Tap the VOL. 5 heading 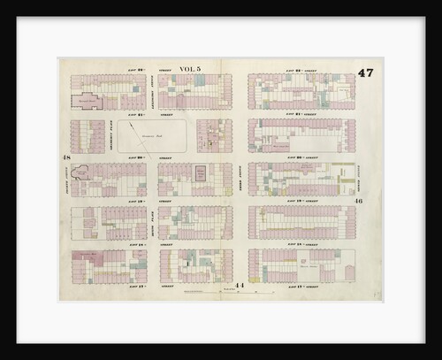(190, 69)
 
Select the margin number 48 (65, 157)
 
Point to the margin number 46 (360, 201)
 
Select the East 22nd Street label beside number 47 (301, 70)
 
